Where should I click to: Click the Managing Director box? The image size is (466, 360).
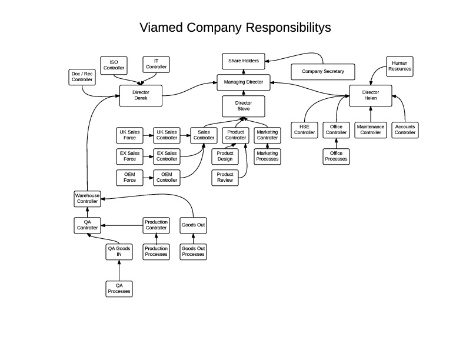244,82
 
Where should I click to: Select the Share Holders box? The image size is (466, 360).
244,61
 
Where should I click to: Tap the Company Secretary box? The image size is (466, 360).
318,72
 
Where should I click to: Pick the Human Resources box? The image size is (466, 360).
399,65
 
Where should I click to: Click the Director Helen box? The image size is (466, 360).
371,95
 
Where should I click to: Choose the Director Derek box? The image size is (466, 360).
141,95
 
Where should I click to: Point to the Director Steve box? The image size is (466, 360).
243,106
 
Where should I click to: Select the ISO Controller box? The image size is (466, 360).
114,65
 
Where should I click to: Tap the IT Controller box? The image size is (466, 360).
156,65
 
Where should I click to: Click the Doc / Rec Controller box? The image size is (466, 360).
82,77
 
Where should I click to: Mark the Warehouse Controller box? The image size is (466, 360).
86,198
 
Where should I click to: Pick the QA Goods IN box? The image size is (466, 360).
119,251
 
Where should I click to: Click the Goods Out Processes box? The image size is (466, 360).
193,251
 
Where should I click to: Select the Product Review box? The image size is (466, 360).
225,178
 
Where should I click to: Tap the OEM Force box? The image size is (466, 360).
129,177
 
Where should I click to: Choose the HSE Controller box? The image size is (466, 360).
304,129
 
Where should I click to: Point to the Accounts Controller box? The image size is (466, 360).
405,129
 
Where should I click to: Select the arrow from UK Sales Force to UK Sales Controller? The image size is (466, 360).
148,135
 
